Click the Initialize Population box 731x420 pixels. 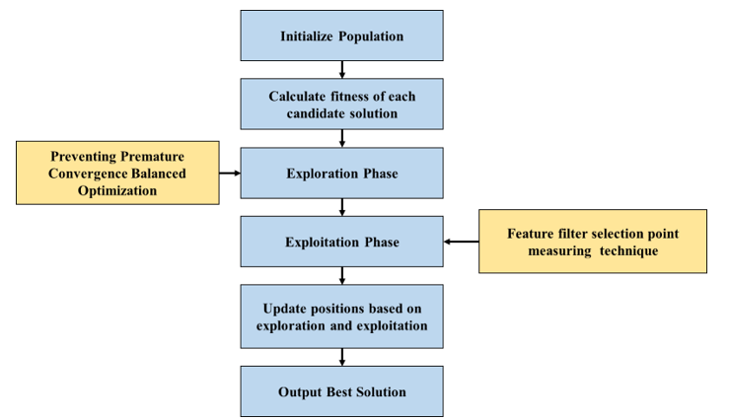pyautogui.click(x=341, y=36)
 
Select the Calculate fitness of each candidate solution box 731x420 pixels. pyautogui.click(x=341, y=105)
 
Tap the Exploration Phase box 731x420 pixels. pyautogui.click(x=341, y=174)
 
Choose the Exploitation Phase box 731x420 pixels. pyautogui.click(x=341, y=242)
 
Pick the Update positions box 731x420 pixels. pyautogui.click(x=341, y=316)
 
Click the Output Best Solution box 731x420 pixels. pyautogui.click(x=341, y=391)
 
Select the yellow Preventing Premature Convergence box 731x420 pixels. pyautogui.click(x=118, y=173)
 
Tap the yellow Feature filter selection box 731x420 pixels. pyautogui.click(x=592, y=242)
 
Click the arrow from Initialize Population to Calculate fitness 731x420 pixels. pyautogui.click(x=341, y=69)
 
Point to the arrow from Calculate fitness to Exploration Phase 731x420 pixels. pyautogui.click(x=341, y=138)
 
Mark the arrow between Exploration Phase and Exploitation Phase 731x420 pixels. pyautogui.click(x=341, y=207)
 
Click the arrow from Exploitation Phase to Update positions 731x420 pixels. pyautogui.click(x=341, y=275)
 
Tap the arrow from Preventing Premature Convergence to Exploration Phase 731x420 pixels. pyautogui.click(x=231, y=174)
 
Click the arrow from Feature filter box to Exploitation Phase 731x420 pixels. pyautogui.click(x=460, y=242)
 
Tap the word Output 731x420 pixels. pyautogui.click(x=302, y=391)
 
